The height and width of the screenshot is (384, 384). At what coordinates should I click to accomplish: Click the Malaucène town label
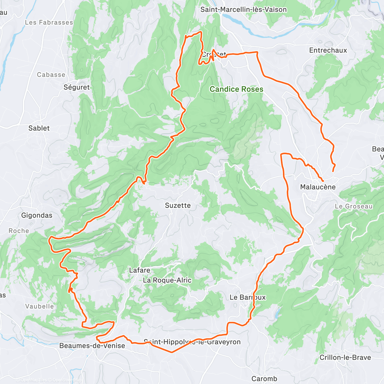[318, 187]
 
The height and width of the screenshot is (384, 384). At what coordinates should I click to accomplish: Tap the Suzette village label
[178, 205]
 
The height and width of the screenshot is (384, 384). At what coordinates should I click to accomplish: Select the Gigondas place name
[37, 215]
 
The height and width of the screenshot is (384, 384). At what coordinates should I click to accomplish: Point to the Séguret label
[76, 87]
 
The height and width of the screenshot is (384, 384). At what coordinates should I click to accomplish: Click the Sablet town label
[39, 128]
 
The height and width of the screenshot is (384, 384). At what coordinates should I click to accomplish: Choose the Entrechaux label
[328, 50]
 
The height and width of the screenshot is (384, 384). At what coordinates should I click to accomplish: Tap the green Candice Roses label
[236, 89]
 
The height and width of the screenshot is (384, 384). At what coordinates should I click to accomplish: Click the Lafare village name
[140, 270]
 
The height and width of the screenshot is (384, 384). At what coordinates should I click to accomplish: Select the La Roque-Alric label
[167, 280]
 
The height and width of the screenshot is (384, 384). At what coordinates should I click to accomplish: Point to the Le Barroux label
[248, 297]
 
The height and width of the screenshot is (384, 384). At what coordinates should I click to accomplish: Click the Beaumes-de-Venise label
[92, 346]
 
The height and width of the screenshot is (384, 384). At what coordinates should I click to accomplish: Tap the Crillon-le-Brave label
[345, 357]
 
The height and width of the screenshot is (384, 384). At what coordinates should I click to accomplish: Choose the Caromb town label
[264, 379]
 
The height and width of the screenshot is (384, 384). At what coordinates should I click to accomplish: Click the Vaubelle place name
[40, 306]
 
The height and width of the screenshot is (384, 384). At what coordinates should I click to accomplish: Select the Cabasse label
[51, 75]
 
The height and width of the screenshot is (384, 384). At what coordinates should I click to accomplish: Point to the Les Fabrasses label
[49, 22]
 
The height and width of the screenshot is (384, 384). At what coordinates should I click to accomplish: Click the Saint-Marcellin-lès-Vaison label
[244, 10]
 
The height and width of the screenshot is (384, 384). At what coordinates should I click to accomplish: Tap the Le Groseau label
[354, 206]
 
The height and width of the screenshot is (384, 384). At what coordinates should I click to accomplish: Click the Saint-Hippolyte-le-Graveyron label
[192, 342]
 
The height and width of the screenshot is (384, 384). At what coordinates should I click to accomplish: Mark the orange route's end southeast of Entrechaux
[333, 171]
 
